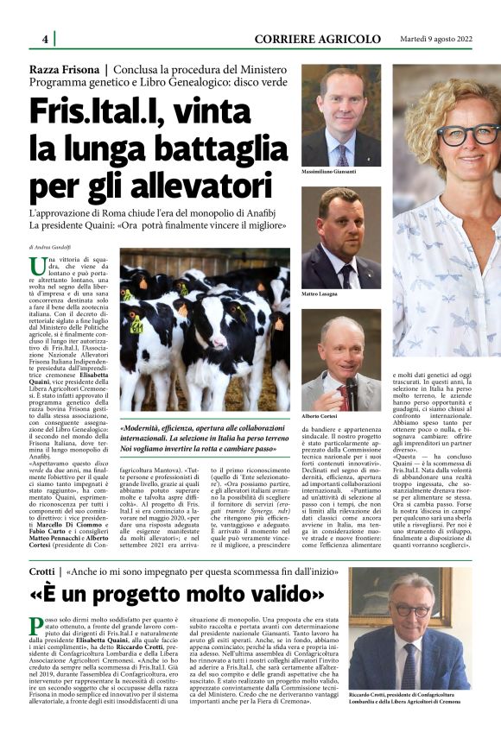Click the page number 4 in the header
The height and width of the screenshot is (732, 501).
[x=45, y=40]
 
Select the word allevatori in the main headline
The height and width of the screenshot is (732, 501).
[x=198, y=185]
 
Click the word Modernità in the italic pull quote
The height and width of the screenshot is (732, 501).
[x=153, y=428]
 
